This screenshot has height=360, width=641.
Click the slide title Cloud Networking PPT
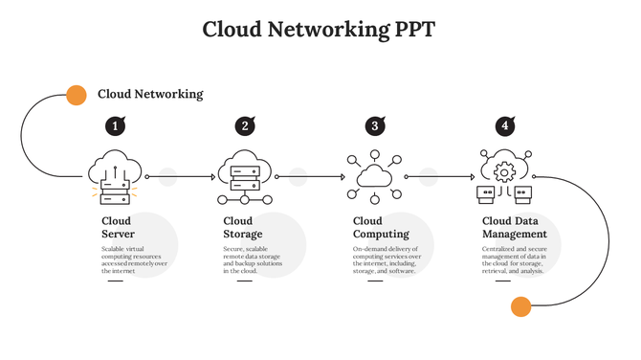pyautogui.click(x=319, y=30)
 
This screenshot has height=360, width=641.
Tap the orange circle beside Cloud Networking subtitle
pyautogui.click(x=76, y=95)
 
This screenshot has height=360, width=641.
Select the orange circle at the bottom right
pyautogui.click(x=520, y=306)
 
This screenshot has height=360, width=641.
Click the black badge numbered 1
pyautogui.click(x=115, y=126)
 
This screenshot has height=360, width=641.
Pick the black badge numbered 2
pyautogui.click(x=245, y=126)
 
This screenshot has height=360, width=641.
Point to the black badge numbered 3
pyautogui.click(x=375, y=126)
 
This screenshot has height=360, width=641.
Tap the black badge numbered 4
pyautogui.click(x=505, y=126)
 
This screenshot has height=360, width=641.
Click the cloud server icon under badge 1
pyautogui.click(x=115, y=177)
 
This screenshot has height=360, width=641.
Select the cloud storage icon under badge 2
pyautogui.click(x=245, y=177)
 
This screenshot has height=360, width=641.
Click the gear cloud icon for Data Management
pyautogui.click(x=504, y=177)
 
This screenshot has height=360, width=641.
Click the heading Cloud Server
pyautogui.click(x=118, y=228)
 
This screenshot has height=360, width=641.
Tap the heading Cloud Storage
pyautogui.click(x=243, y=228)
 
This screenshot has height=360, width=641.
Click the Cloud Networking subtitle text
pyautogui.click(x=150, y=95)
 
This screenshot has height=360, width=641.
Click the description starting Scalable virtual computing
pyautogui.click(x=134, y=259)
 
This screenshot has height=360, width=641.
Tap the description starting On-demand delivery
pyautogui.click(x=387, y=259)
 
